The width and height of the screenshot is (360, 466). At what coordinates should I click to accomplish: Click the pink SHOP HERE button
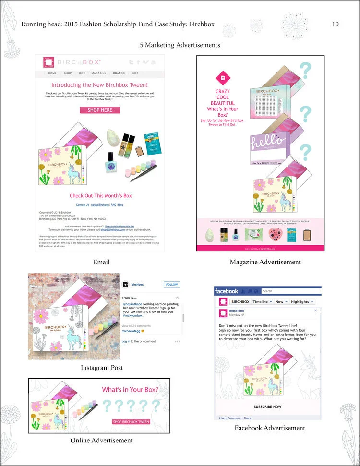[100, 110]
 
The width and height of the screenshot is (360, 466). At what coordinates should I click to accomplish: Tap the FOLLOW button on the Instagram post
[171, 285]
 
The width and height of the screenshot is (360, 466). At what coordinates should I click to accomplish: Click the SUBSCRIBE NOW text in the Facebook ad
[267, 406]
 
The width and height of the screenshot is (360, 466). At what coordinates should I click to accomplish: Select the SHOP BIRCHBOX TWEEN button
[131, 422]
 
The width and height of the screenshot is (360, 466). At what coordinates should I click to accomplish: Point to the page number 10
[336, 24]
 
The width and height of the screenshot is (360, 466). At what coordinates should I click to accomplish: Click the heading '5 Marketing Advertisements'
[180, 45]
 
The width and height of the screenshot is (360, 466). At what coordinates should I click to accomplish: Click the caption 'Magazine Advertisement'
[265, 262]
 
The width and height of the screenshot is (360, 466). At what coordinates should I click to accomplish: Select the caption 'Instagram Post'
[102, 368]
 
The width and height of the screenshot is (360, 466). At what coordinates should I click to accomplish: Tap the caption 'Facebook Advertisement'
[270, 428]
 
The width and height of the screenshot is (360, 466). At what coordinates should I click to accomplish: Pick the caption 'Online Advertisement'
[101, 440]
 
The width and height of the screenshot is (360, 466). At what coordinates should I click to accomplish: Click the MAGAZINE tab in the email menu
[98, 73]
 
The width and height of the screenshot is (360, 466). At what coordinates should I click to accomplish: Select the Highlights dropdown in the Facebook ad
[301, 301]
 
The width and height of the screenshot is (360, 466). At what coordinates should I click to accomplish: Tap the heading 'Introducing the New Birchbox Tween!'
[99, 84]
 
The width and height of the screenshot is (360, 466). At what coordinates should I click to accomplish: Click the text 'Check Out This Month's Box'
[100, 196]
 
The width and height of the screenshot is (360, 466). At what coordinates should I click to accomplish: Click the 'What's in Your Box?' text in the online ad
[130, 390]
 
